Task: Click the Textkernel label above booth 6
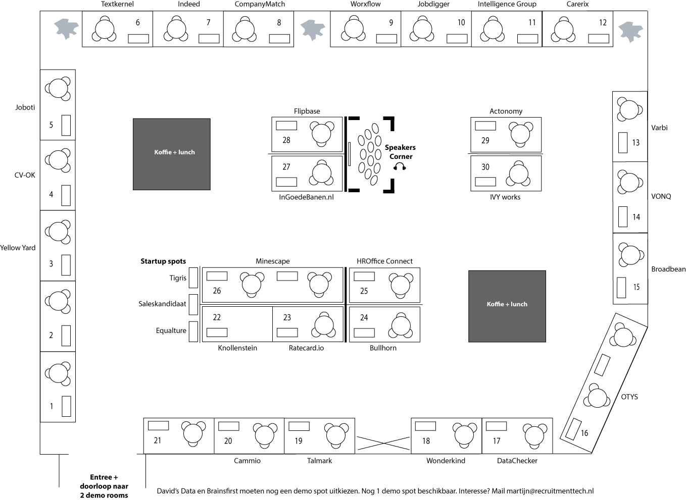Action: [x=117, y=4]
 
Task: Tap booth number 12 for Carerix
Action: [x=603, y=23]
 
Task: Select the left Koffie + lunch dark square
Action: [x=172, y=154]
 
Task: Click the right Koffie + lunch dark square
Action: [x=507, y=306]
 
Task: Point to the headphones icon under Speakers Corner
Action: [x=400, y=166]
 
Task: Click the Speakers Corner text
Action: [x=400, y=152]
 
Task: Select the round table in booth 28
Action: [x=322, y=133]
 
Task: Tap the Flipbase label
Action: [x=307, y=111]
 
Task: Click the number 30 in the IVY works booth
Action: [x=485, y=167]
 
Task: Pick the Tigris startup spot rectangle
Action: [x=193, y=277]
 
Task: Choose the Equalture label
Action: [x=171, y=330]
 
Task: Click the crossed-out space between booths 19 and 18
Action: [x=383, y=442]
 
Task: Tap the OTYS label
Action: [x=629, y=397]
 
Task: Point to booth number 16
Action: [x=584, y=433]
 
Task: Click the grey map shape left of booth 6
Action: [x=66, y=28]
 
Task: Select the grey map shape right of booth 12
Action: [x=631, y=31]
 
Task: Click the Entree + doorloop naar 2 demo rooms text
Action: [x=104, y=486]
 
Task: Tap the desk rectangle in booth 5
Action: [x=66, y=125]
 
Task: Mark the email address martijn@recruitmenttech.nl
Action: [x=550, y=491]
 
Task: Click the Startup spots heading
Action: [x=163, y=261]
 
